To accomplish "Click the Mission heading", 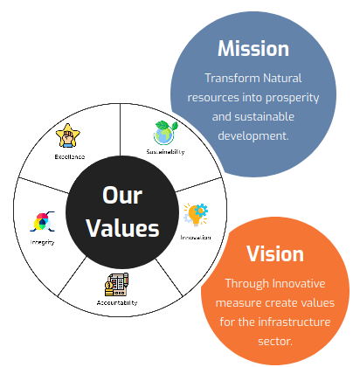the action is coord(253,48).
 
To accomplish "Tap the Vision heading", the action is coord(275,253).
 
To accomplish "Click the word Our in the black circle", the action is coord(122,195).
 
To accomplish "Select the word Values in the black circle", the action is coord(122,228).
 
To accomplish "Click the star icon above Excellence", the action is coord(68,135).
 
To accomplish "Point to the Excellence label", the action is coord(70,156).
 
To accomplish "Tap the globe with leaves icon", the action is coord(166,133).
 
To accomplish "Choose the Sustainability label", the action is coord(165,152).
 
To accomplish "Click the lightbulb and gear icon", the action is coord(196,215).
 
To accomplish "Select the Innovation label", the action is coord(196,238).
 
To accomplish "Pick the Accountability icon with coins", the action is coord(116,285).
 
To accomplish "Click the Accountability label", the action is coord(117,303).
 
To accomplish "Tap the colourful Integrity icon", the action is coord(42,222).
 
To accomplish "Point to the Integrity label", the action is coord(42,242).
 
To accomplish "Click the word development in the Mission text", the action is coord(253,136).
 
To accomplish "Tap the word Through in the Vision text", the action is coord(247,284).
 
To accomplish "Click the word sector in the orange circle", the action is coord(275,342).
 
